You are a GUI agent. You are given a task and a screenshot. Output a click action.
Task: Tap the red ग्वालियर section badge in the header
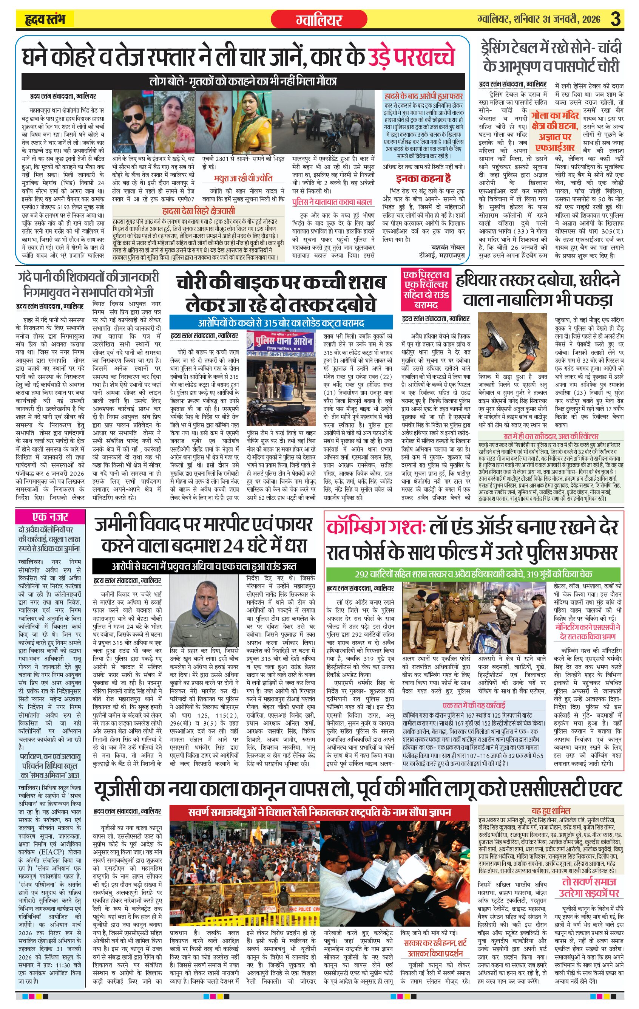pos(319,19)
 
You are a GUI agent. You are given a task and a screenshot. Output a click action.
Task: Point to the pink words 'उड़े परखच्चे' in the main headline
pos(411,57)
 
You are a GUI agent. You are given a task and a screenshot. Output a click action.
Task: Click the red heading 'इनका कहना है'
pos(423,178)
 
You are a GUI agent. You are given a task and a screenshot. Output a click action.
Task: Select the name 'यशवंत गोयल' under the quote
pos(448,247)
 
